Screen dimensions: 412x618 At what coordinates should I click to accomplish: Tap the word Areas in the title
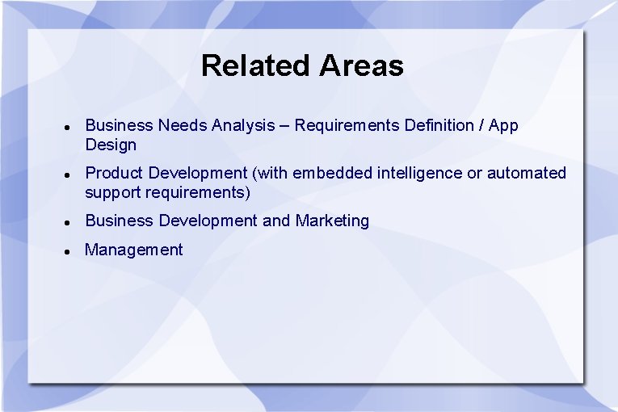(361, 65)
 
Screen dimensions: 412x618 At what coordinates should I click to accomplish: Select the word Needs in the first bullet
(183, 125)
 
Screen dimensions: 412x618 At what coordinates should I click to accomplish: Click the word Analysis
(242, 125)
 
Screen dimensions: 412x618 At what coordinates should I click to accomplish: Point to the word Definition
(439, 125)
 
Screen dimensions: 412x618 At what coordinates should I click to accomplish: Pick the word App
(504, 126)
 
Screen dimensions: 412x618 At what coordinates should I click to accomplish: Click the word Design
(111, 145)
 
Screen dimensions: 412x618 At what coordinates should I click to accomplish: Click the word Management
(134, 250)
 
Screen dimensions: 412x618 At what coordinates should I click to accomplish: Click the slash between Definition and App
(482, 125)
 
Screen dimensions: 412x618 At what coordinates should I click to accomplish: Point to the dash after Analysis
(284, 126)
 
